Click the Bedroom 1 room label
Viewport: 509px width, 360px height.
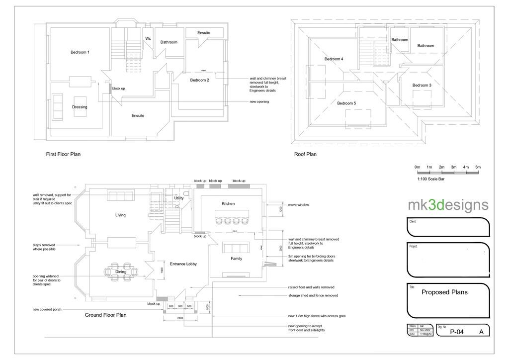coord(80,52)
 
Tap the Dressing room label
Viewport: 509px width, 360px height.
coord(80,107)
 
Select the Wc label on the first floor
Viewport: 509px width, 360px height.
coord(148,38)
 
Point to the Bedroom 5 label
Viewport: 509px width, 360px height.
coord(346,103)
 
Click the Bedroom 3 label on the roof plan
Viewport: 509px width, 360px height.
coord(422,85)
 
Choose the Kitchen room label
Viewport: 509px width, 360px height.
coord(228,203)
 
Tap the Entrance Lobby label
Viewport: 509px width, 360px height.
coord(183,264)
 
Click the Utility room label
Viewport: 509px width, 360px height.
coord(179,198)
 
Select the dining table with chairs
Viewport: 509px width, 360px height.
coord(121,272)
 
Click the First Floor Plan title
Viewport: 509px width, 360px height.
coord(63,154)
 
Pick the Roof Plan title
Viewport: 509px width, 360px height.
coord(305,154)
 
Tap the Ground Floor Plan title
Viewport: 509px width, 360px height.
coord(105,315)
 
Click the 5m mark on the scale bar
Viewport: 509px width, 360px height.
coord(478,167)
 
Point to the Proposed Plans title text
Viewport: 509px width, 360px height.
coord(444,292)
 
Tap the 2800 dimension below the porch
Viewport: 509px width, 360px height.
coord(180,318)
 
